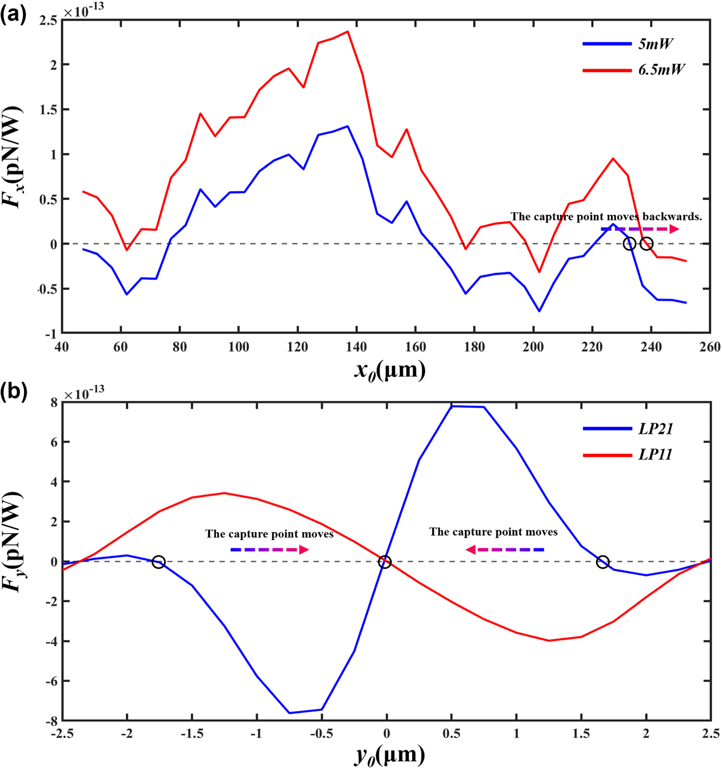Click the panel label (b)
coord(13,391)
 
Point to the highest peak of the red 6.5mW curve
coord(347,32)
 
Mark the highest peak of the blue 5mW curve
coord(347,126)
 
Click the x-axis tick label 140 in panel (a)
coord(356,347)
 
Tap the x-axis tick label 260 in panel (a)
coord(709,347)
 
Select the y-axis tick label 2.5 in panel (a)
coord(48,20)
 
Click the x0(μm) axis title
coord(389,371)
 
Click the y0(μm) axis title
coord(389,755)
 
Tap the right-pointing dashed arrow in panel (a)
coord(639,229)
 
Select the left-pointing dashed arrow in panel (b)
coord(505,550)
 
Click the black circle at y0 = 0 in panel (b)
coord(384,562)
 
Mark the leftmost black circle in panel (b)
coord(158,562)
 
